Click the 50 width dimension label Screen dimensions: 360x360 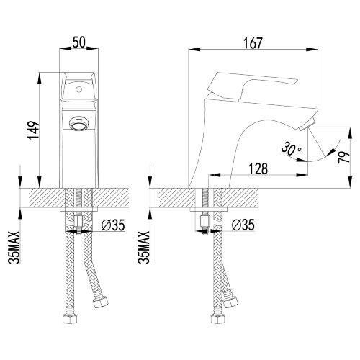tap(78, 42)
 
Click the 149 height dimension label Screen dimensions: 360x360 tap(33, 130)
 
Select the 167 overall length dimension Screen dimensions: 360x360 tap(253, 43)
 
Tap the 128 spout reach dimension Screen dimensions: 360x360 tap(258, 168)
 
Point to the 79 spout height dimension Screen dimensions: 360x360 tap(343, 158)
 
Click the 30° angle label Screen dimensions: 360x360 tap(291, 148)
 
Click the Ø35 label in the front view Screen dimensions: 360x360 tap(113, 225)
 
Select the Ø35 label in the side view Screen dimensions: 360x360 tap(243, 225)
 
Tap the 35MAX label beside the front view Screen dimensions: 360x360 tap(14, 248)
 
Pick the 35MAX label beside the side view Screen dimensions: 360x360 tap(144, 248)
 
